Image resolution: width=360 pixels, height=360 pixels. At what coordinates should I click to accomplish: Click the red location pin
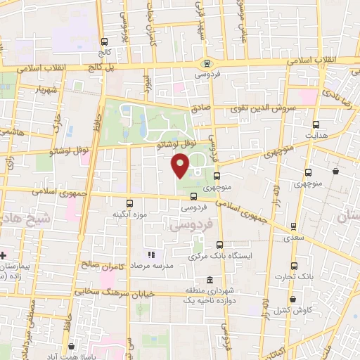(181, 166)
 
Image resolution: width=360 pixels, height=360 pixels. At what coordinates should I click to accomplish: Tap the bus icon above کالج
(105, 41)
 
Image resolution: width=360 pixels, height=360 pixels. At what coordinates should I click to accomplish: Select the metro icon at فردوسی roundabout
(206, 63)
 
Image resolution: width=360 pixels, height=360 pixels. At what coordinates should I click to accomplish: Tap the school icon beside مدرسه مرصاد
(150, 255)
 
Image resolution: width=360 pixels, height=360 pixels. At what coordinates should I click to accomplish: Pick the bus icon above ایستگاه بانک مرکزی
(220, 245)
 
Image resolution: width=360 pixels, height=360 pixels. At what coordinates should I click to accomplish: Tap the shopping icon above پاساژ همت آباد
(72, 346)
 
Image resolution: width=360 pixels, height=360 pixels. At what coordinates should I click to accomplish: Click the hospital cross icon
(4, 255)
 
